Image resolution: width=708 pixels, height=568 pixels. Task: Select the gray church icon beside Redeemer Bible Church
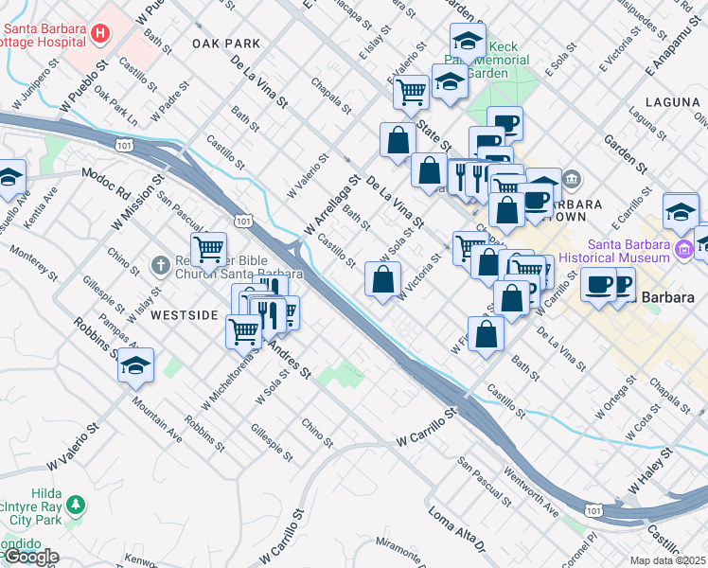point(160,268)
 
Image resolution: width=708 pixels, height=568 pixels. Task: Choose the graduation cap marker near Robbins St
point(136,365)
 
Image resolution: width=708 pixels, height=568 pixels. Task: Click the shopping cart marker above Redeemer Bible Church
point(207,249)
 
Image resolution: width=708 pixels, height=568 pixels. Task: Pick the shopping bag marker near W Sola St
point(382,280)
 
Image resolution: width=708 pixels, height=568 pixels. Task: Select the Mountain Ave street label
point(156,419)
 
